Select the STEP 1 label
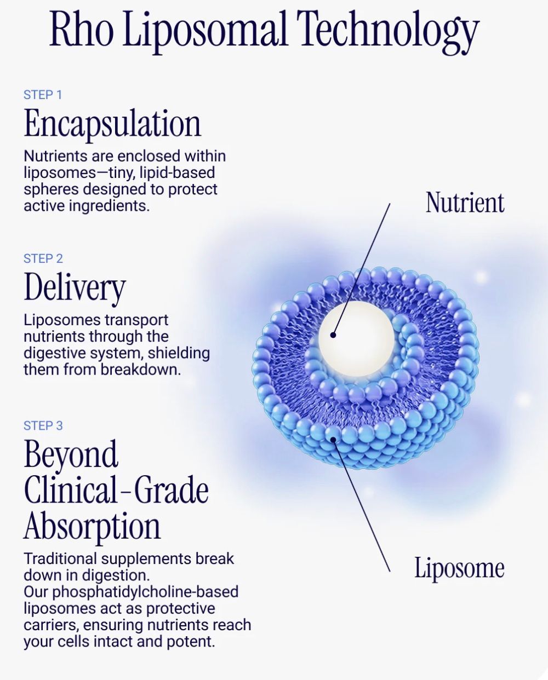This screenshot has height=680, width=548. pyautogui.click(x=43, y=95)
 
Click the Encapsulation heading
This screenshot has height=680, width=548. pyautogui.click(x=113, y=124)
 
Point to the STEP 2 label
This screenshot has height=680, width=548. pyautogui.click(x=43, y=258)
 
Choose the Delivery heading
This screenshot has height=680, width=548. pyautogui.click(x=75, y=288)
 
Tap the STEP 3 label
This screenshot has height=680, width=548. pyautogui.click(x=43, y=425)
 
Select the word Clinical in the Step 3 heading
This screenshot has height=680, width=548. pyautogui.click(x=71, y=490)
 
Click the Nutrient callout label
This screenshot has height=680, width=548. pyautogui.click(x=465, y=203)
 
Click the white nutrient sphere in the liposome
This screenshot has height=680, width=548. pyautogui.click(x=357, y=339)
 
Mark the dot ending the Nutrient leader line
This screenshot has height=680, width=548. pyautogui.click(x=333, y=335)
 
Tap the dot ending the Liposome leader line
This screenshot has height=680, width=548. pyautogui.click(x=333, y=439)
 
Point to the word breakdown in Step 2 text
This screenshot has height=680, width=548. pyautogui.click(x=140, y=369)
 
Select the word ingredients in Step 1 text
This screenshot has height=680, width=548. pyautogui.click(x=109, y=206)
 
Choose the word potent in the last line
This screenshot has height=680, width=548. pyautogui.click(x=191, y=642)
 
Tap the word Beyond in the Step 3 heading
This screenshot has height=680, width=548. pyautogui.click(x=71, y=455)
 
